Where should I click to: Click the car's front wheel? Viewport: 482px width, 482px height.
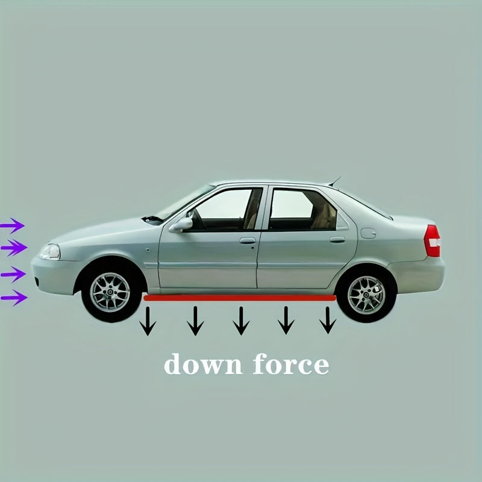(x=110, y=292)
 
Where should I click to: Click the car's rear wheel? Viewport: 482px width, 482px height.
(x=366, y=295)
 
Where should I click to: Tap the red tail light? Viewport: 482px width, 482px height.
(x=432, y=240)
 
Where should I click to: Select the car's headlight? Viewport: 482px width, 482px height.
(x=49, y=252)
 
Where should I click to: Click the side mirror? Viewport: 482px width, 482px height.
(x=181, y=225)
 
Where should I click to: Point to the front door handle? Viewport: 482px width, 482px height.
(x=248, y=240)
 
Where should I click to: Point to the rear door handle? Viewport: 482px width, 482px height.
(x=337, y=239)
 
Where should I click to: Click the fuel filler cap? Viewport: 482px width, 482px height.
(x=368, y=233)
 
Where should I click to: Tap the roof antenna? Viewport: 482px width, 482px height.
(x=335, y=181)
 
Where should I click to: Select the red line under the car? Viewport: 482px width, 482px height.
(x=240, y=298)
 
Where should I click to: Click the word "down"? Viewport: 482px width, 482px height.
(x=203, y=364)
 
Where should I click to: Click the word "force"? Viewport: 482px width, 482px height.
(x=291, y=364)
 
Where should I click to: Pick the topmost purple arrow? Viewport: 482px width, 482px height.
(x=12, y=225)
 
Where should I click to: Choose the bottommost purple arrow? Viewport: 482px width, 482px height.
(x=14, y=298)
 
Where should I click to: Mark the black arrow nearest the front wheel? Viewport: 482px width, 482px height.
(x=148, y=321)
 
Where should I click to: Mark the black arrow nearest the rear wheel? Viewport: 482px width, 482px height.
(x=328, y=320)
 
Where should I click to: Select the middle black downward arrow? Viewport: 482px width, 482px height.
(x=241, y=321)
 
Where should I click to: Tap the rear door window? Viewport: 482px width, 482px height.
(x=303, y=209)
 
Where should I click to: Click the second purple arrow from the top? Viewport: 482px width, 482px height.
(x=14, y=248)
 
